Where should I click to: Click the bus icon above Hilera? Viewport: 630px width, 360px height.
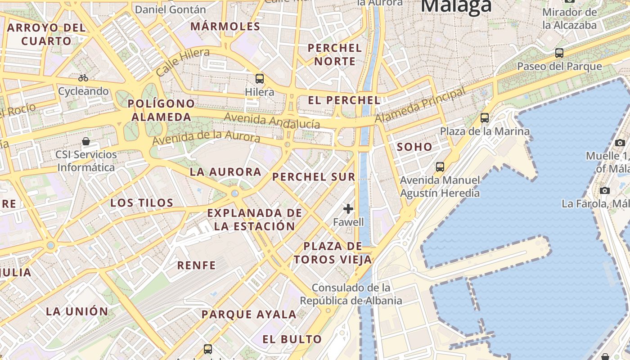click(x=260, y=79)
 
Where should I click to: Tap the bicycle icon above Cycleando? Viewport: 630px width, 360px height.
click(x=83, y=78)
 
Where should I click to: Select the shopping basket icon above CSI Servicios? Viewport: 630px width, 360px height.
click(x=86, y=141)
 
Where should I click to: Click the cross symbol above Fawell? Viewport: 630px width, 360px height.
click(x=348, y=208)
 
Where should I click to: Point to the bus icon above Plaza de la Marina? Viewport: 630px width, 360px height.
click(x=485, y=118)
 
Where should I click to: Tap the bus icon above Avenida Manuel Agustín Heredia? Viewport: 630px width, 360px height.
click(x=440, y=167)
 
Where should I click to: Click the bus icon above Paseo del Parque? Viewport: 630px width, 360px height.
click(x=559, y=53)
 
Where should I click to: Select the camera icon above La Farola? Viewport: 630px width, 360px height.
click(x=605, y=190)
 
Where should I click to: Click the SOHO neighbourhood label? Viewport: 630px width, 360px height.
click(x=414, y=147)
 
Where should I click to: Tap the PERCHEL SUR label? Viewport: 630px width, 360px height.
click(x=314, y=177)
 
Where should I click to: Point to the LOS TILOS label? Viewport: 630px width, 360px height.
click(x=142, y=203)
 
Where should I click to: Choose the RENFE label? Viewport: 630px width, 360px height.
click(x=197, y=265)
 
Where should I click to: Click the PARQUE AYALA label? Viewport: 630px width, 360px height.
click(x=249, y=315)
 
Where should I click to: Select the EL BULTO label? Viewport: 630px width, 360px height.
click(x=292, y=339)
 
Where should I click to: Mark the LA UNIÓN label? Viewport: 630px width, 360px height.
click(x=77, y=311)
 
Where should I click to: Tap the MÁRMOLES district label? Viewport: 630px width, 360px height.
click(x=225, y=27)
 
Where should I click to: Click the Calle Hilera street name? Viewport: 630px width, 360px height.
click(x=183, y=63)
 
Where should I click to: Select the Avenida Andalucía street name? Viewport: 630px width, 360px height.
click(x=272, y=121)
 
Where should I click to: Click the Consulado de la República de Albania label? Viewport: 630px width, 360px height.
click(x=351, y=294)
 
